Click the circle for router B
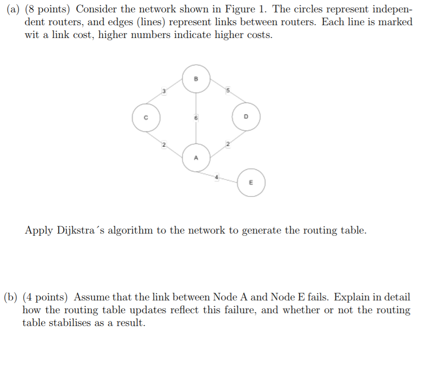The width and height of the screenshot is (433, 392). click(196, 79)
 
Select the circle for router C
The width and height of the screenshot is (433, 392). click(146, 117)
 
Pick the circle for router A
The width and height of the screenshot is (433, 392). click(196, 158)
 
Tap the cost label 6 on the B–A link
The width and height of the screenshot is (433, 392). click(196, 118)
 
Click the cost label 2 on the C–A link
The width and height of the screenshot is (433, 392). click(163, 145)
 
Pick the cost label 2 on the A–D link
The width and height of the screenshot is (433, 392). click(227, 145)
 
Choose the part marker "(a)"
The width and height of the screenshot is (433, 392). click(14, 9)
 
